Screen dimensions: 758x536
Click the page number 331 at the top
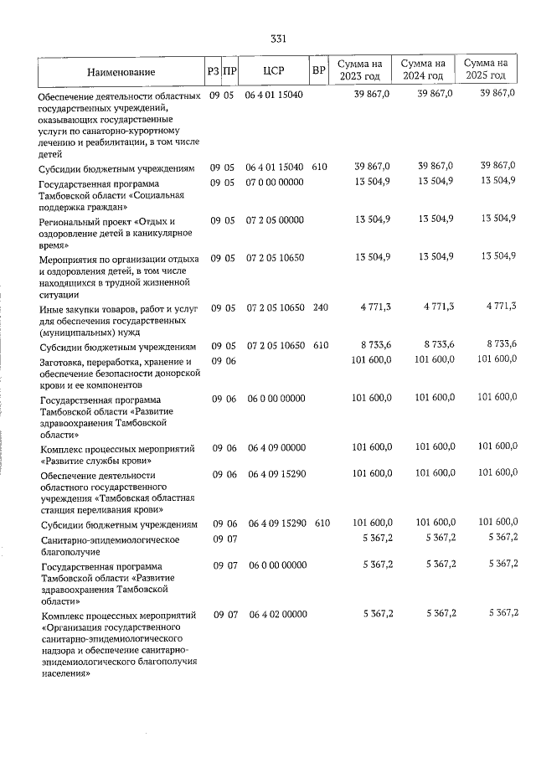tap(279, 39)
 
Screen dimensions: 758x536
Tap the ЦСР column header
tap(274, 71)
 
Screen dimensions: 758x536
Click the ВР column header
tap(318, 71)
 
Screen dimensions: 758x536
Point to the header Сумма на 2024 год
tap(423, 70)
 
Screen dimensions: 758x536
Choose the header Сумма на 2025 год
tap(486, 70)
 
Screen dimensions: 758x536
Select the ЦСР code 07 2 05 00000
tap(275, 220)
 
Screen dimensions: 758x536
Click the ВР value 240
tap(320, 308)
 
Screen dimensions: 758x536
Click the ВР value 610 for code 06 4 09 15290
tap(322, 523)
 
